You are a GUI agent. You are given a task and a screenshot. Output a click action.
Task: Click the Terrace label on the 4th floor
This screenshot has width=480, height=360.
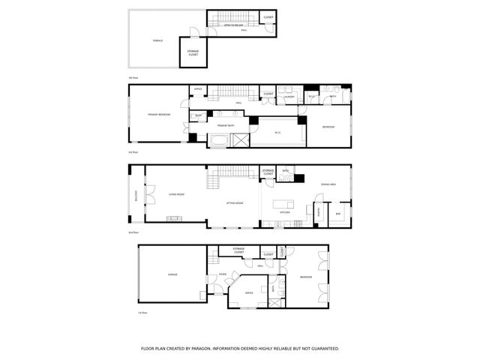(158, 40)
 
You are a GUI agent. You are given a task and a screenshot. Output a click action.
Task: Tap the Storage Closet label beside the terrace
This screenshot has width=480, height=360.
(193, 53)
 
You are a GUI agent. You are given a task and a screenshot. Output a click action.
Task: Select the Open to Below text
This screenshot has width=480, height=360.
(234, 25)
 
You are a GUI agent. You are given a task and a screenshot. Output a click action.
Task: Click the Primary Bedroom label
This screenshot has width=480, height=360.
(159, 114)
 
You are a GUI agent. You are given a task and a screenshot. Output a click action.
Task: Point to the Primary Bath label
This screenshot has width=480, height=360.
(227, 125)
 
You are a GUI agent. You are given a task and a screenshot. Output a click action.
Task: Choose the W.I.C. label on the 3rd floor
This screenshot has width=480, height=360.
(277, 133)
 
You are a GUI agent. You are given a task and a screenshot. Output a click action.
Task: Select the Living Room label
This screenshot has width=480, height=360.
(176, 194)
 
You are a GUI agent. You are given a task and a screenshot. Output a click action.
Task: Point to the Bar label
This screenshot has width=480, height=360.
(338, 213)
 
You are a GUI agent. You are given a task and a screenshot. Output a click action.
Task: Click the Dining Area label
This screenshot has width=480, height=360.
(328, 184)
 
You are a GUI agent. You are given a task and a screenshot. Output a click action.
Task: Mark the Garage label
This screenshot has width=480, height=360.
(172, 274)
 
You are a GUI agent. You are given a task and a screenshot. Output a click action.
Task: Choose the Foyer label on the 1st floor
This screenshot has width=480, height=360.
(223, 274)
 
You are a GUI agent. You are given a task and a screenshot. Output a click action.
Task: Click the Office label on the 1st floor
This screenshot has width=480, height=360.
(250, 292)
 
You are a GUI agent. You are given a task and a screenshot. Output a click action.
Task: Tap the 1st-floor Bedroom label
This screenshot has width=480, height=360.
(305, 277)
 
